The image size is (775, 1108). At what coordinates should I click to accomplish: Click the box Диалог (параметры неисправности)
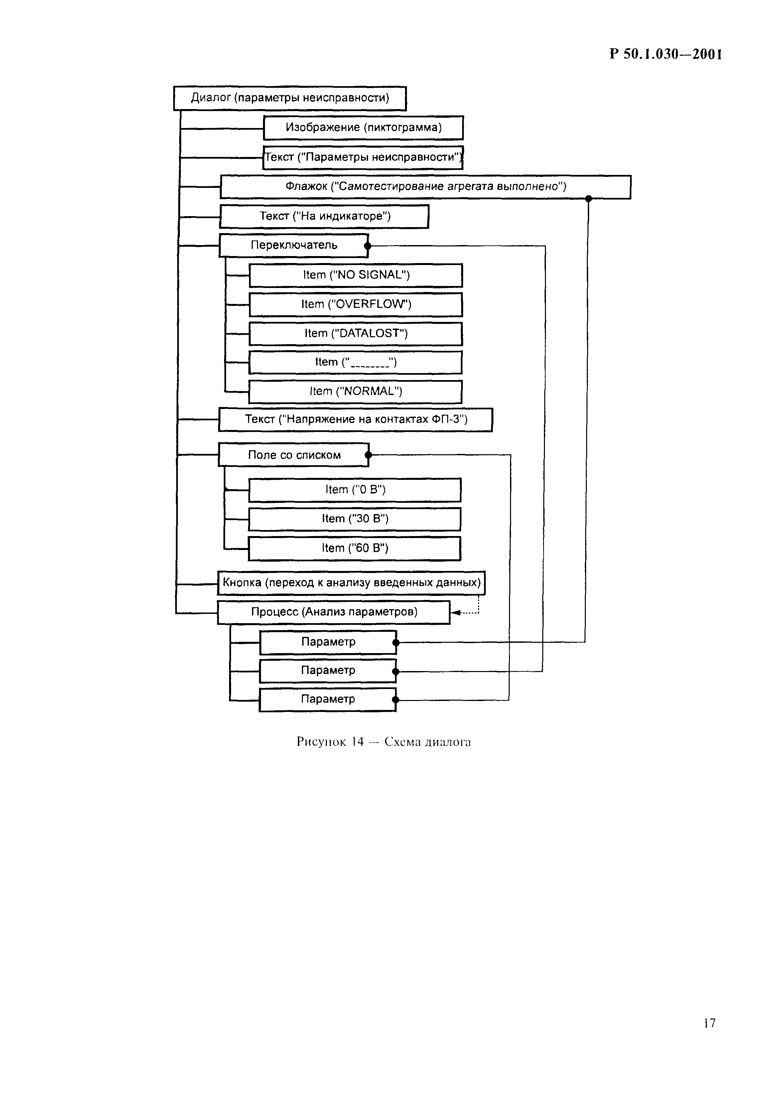pyautogui.click(x=290, y=98)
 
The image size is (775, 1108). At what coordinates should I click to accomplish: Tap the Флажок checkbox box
pyautogui.click(x=425, y=187)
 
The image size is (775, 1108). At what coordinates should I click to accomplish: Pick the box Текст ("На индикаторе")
pyautogui.click(x=324, y=216)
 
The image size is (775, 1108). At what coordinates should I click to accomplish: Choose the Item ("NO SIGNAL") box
pyautogui.click(x=356, y=275)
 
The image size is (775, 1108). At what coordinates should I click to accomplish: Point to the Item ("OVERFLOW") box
pyautogui.click(x=356, y=305)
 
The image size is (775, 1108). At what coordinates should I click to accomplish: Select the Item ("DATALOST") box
pyautogui.click(x=356, y=334)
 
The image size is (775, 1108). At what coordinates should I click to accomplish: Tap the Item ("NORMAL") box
pyautogui.click(x=355, y=391)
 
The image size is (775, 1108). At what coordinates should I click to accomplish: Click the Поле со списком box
pyautogui.click(x=293, y=455)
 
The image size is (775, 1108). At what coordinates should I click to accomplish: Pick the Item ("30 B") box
pyautogui.click(x=355, y=519)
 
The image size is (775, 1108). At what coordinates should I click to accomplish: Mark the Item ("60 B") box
pyautogui.click(x=355, y=548)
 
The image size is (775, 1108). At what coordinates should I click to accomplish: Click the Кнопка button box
pyautogui.click(x=351, y=583)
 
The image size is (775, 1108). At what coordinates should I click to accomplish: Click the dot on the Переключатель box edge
pyautogui.click(x=368, y=246)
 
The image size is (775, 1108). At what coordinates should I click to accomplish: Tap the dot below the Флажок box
pyautogui.click(x=588, y=198)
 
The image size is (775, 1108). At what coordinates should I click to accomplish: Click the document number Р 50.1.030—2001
pyautogui.click(x=666, y=54)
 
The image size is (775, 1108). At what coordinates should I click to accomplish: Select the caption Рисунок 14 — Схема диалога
pyautogui.click(x=384, y=742)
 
